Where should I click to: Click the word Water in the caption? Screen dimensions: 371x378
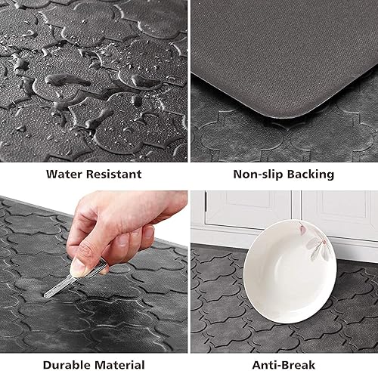click(65, 174)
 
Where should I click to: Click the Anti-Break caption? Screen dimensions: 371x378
click(283, 364)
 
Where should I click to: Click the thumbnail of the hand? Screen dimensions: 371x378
click(78, 267)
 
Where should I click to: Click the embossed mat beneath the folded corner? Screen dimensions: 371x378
click(249, 132)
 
